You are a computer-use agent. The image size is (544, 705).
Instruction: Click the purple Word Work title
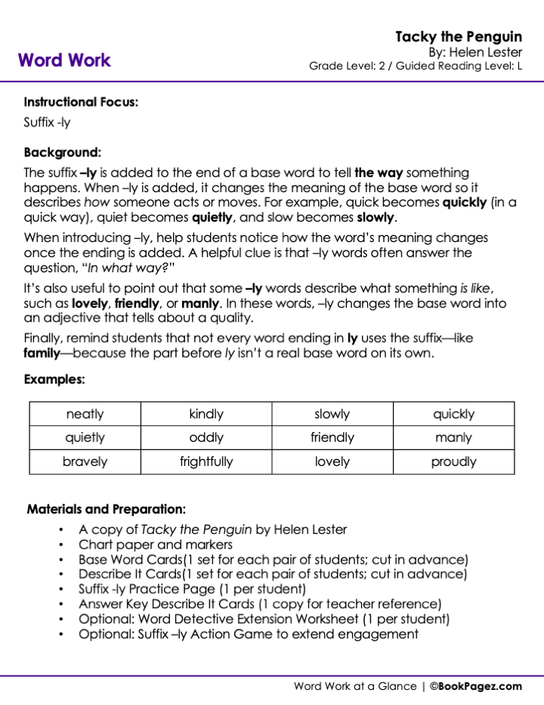[64, 61]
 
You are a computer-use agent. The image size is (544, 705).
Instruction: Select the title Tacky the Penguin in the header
[459, 37]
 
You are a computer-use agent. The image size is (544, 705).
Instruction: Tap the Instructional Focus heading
[81, 102]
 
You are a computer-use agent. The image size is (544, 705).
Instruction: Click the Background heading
[62, 152]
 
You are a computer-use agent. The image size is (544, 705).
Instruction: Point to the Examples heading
[54, 380]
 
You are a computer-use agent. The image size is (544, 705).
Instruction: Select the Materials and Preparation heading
[107, 509]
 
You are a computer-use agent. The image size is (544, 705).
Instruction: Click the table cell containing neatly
[85, 414]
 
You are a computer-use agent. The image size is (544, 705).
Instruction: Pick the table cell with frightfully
[206, 461]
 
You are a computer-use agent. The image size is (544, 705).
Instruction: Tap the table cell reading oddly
[206, 437]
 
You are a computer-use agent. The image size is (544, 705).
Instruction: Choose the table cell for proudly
[453, 461]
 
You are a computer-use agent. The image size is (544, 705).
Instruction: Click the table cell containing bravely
[85, 461]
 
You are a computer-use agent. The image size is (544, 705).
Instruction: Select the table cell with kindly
[206, 414]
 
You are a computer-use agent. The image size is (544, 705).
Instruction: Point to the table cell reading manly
[453, 437]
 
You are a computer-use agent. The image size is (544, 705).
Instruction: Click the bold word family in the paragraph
[42, 353]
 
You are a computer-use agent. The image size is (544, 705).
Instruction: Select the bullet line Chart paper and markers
[156, 545]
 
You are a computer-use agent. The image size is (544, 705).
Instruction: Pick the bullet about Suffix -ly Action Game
[249, 634]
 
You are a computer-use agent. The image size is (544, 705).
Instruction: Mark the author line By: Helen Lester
[475, 52]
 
